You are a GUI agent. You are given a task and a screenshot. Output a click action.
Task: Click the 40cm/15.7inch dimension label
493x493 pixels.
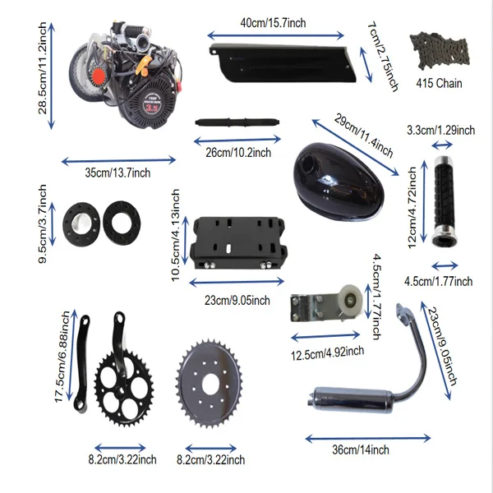[273, 23]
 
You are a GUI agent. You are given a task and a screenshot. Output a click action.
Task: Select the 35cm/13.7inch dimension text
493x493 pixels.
[118, 173]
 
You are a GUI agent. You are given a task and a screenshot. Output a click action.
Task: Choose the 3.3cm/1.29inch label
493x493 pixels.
[441, 130]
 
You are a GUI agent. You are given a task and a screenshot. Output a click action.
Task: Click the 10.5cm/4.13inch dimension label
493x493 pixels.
[174, 234]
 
